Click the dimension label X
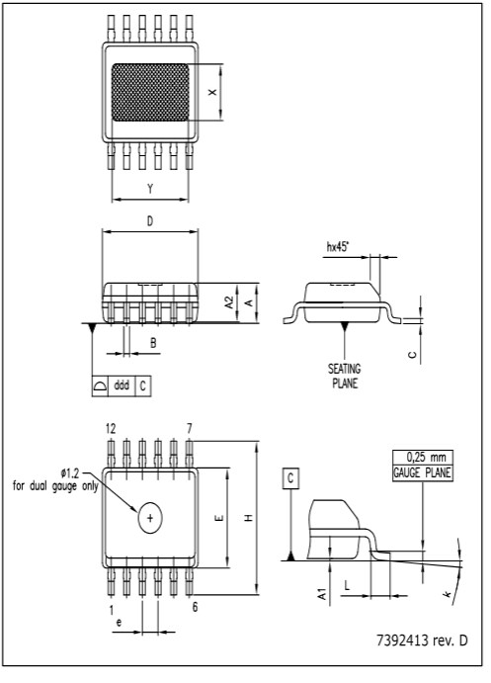(210, 92)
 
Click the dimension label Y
(150, 189)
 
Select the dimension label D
(150, 222)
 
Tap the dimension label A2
(229, 301)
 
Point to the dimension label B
(152, 344)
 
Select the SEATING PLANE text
(344, 375)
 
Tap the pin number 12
(111, 429)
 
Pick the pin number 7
(189, 429)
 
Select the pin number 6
(195, 606)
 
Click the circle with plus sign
(150, 518)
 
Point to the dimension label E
(219, 518)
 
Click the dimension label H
(249, 518)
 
